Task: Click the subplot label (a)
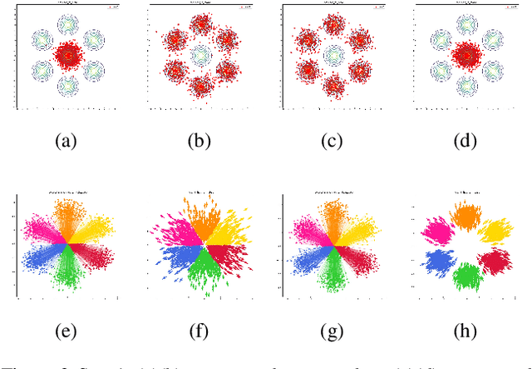pos(66,142)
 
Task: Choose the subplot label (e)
pos(66,332)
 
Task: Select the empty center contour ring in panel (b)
pos(200,56)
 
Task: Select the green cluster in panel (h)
pos(468,276)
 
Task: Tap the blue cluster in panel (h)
pos(438,262)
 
